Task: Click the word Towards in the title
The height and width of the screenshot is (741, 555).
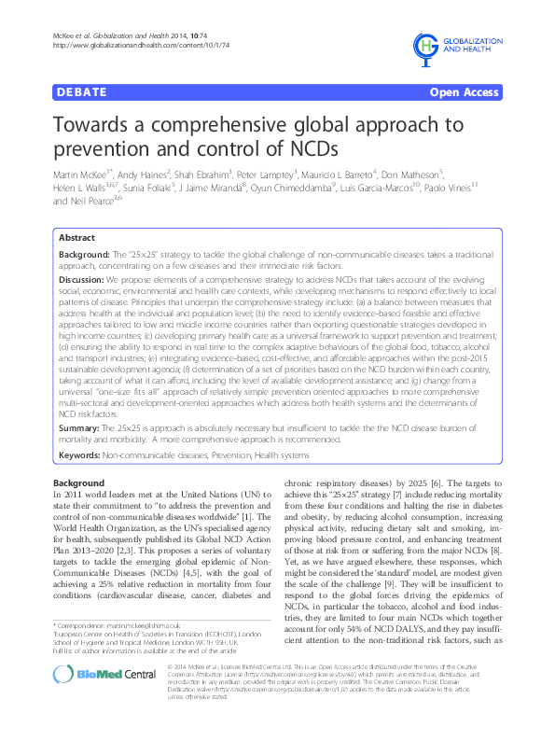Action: point(102,124)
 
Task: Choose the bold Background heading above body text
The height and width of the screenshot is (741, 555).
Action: point(79,482)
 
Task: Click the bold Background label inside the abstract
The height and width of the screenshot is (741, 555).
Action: point(83,254)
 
